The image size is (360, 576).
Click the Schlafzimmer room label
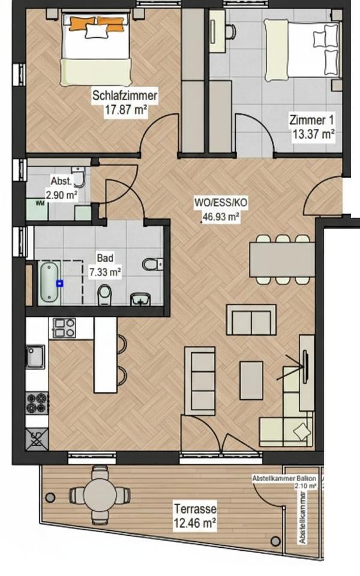click(125, 95)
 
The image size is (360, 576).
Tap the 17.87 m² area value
click(125, 110)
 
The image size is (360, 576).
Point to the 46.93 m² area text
click(221, 217)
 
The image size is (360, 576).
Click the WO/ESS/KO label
click(221, 203)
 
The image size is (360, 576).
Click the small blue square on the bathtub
click(59, 282)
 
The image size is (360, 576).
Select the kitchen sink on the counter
click(35, 356)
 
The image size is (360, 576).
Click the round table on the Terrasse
click(100, 494)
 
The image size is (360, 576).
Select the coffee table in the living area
click(251, 380)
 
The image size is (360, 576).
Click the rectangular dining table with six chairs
click(281, 259)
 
